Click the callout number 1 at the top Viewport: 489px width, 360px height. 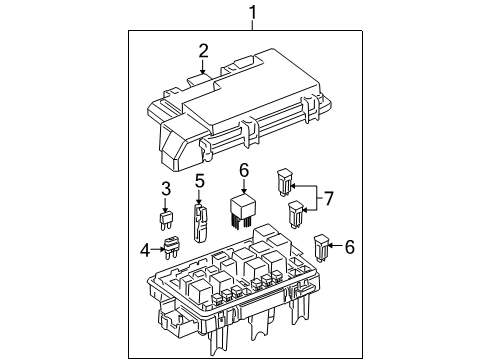[253, 13]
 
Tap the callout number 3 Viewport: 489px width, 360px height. [167, 188]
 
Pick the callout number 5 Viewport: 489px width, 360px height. [199, 181]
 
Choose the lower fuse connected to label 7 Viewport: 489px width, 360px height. [295, 213]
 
